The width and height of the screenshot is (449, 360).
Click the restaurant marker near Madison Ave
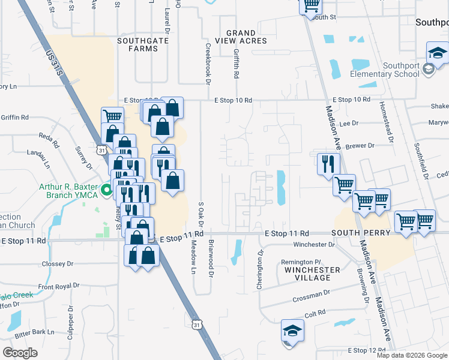click(x=328, y=163)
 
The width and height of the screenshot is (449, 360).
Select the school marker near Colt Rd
click(x=292, y=330)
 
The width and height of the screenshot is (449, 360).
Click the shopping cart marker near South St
click(x=311, y=6)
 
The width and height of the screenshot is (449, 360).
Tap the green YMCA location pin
click(x=107, y=192)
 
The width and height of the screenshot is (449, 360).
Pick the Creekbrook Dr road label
click(x=208, y=62)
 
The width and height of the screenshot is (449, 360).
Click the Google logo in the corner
click(x=20, y=353)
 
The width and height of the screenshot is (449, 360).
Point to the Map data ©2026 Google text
click(x=412, y=355)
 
